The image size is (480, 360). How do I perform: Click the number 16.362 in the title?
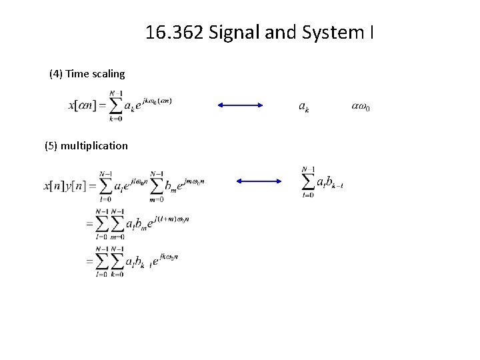(x=175, y=32)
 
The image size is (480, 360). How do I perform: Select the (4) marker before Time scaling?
(x=56, y=73)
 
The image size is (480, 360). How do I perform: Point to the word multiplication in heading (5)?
(x=94, y=145)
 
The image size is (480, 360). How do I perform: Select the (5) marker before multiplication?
(x=51, y=145)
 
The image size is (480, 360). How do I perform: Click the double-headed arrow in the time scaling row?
(x=241, y=105)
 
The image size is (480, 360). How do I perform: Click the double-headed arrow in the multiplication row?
(x=260, y=181)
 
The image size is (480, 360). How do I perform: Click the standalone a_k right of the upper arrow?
(x=303, y=107)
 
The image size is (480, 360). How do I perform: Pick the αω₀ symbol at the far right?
(x=360, y=107)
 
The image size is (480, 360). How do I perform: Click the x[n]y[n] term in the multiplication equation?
(x=65, y=184)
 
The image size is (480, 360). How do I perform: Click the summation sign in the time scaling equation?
(x=115, y=106)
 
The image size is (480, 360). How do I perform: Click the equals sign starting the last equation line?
(x=89, y=262)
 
